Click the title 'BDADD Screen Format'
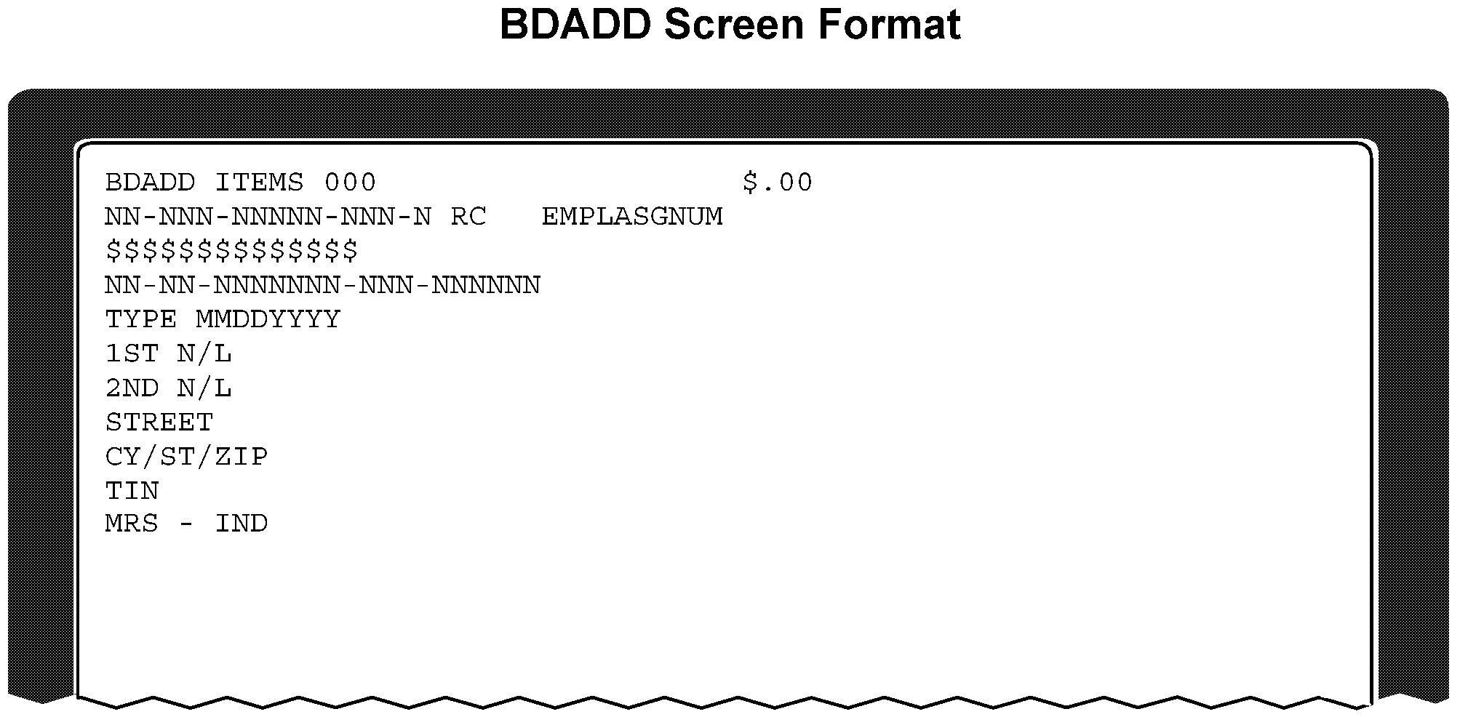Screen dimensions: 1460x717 [x=730, y=25]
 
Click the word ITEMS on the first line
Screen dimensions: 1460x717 [x=259, y=182]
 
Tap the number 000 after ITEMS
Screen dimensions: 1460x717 [x=350, y=182]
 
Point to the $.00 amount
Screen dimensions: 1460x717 [x=777, y=182]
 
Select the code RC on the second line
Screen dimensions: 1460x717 [x=468, y=217]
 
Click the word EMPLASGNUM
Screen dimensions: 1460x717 [x=632, y=217]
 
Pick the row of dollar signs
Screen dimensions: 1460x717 [x=232, y=250]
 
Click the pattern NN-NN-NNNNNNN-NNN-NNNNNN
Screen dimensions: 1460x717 [x=322, y=285]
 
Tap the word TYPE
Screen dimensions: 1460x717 [x=141, y=319]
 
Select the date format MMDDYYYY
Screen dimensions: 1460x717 [x=268, y=319]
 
